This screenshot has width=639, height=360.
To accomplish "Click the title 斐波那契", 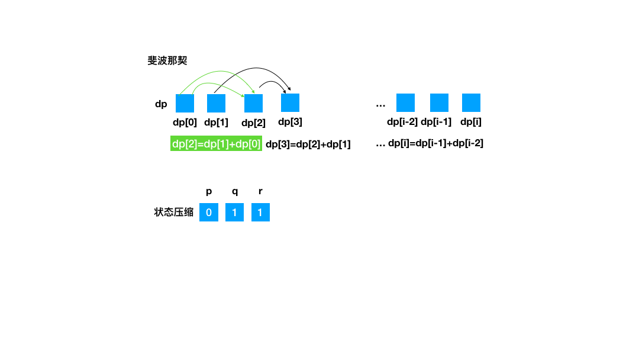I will point(167,60).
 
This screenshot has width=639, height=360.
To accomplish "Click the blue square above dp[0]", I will point(185,103).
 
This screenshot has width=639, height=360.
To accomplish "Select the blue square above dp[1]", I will point(216,103).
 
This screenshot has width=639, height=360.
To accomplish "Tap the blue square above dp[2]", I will point(253,103).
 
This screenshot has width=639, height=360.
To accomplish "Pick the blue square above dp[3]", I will point(290,102).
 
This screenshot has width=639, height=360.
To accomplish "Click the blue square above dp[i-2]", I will point(405,102).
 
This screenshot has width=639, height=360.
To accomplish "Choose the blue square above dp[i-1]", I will point(439,102).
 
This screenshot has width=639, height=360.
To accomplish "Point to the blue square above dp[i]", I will point(471,102).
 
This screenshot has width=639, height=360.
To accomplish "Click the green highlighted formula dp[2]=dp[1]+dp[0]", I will point(216,144).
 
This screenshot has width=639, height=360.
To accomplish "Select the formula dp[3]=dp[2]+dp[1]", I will point(308,144).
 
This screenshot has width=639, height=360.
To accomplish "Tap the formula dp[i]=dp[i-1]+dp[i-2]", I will point(435,143).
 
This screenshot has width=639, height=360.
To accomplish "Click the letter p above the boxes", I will point(209,192).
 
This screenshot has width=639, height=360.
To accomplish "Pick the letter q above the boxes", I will point(235,192).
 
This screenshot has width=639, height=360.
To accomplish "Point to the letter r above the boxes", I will point(260,192).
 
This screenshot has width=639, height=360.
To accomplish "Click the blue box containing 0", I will point(208,213).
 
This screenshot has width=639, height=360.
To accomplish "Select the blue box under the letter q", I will point(234,213).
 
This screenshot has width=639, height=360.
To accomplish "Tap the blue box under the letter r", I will point(260,213).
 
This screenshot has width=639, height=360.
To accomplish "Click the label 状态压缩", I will point(174,213).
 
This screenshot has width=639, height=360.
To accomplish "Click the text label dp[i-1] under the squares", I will point(436,122).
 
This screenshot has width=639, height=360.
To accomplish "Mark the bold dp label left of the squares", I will point(161,104).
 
